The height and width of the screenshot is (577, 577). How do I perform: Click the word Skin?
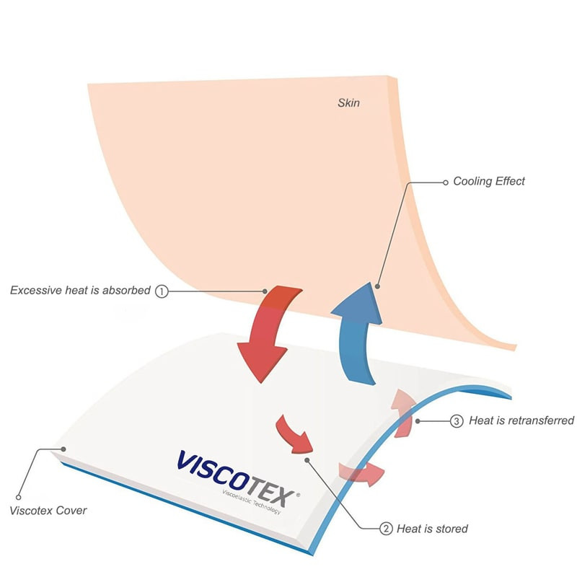pyautogui.click(x=348, y=103)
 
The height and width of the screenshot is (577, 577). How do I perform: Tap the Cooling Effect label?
pyautogui.click(x=489, y=181)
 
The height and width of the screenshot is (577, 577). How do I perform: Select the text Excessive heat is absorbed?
pyautogui.click(x=80, y=291)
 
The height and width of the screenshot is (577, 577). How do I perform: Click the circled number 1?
pyautogui.click(x=162, y=291)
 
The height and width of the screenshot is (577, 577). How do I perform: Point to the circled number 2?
pyautogui.click(x=387, y=529)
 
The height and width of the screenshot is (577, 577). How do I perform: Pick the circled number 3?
pyautogui.click(x=457, y=420)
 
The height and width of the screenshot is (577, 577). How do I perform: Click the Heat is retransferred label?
pyautogui.click(x=521, y=420)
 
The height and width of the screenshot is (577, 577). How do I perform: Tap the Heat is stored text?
pyautogui.click(x=432, y=529)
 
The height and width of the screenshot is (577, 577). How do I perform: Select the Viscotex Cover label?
pyautogui.click(x=48, y=511)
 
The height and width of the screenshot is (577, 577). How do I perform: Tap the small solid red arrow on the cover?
pyautogui.click(x=294, y=433)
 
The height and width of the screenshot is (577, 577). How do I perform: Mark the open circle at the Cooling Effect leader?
pyautogui.click(x=444, y=182)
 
